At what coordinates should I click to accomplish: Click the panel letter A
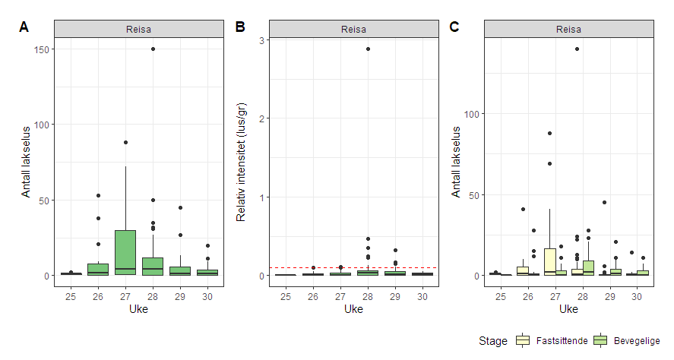click(24, 27)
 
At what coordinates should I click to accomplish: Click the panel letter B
click(240, 27)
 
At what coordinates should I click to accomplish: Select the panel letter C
click(454, 27)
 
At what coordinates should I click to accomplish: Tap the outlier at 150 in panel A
click(153, 49)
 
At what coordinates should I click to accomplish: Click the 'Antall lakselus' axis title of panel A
click(26, 162)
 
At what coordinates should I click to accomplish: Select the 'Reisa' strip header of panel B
click(353, 30)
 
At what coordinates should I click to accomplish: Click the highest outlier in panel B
click(368, 49)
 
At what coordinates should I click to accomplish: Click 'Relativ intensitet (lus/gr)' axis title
click(241, 162)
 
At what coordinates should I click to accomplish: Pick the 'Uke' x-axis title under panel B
click(353, 309)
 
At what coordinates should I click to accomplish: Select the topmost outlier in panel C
click(577, 49)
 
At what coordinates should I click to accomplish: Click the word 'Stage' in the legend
click(493, 341)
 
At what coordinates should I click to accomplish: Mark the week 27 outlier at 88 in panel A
click(125, 142)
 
